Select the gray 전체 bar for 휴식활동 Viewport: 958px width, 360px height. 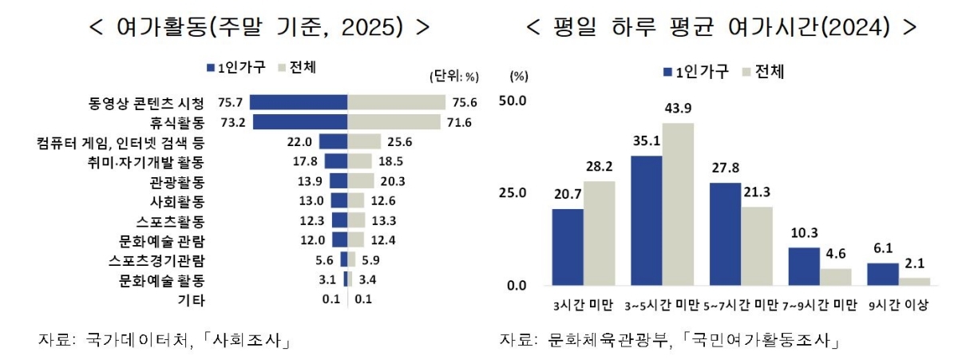[x=394, y=122]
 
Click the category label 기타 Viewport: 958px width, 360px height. [x=192, y=300]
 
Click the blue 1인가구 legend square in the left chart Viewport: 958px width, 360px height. [x=210, y=69]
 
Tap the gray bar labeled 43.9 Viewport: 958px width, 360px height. [x=679, y=204]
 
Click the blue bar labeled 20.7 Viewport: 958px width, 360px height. [x=568, y=247]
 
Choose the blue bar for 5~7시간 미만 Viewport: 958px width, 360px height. [x=725, y=233]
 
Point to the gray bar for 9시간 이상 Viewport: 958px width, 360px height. [x=914, y=281]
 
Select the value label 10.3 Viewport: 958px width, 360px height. [x=803, y=233]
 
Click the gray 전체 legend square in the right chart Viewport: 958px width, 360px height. [x=748, y=72]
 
